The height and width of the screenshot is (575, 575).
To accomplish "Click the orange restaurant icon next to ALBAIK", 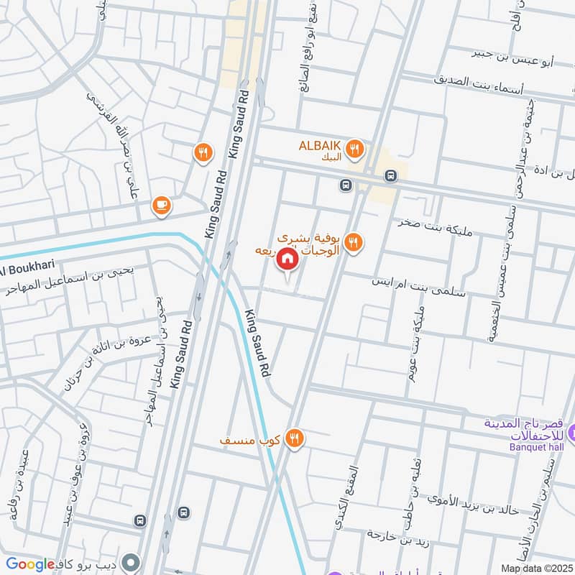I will click(x=354, y=149).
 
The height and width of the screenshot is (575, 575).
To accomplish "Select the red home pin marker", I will click(x=287, y=259).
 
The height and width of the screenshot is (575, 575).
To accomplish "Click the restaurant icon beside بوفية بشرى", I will click(x=352, y=241).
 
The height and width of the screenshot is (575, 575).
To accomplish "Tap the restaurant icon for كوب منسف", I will click(x=293, y=438).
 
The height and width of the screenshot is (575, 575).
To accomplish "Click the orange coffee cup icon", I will click(x=162, y=206).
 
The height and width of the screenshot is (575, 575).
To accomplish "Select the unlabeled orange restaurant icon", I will click(x=203, y=152).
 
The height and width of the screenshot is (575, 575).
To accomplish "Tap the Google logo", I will click(x=30, y=565).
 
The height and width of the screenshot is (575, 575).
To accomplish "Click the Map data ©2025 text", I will click(x=535, y=568).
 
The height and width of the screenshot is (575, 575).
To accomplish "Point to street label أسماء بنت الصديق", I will click(x=481, y=81).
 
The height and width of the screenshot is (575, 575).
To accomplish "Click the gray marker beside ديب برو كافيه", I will click(x=130, y=562).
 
